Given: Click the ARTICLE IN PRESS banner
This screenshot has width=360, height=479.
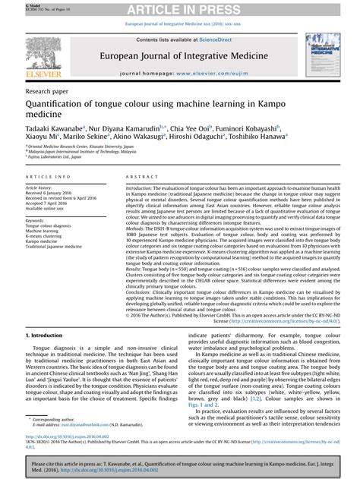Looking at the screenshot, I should click(180, 8).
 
